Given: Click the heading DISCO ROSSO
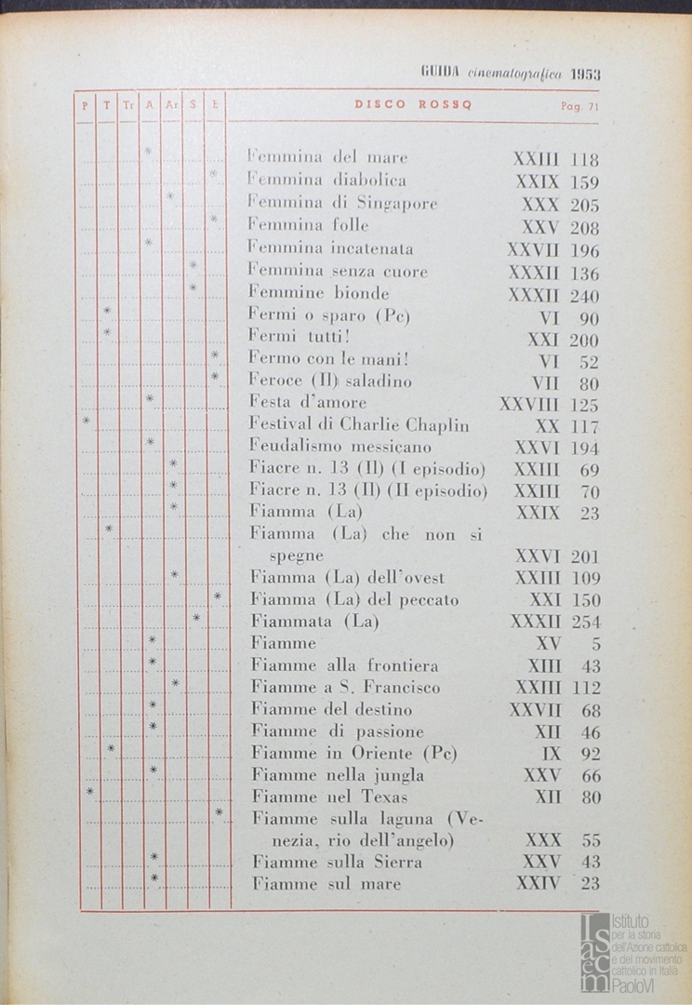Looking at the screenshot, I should point(413,105).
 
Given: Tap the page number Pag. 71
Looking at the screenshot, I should point(579,106).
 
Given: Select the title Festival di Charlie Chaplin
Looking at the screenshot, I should point(359,425).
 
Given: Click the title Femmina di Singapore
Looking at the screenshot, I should point(342,203).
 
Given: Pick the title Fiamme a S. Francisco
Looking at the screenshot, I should point(346,688).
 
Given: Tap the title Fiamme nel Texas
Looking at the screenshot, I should point(329,797).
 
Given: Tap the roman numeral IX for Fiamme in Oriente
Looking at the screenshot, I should point(552,754).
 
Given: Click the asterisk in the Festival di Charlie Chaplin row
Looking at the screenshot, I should point(86,421).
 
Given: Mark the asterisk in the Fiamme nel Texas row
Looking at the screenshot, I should point(89,792).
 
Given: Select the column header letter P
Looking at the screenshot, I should point(86,106).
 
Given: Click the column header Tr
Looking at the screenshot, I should point(128,106).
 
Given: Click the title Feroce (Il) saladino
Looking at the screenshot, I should point(330,381).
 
